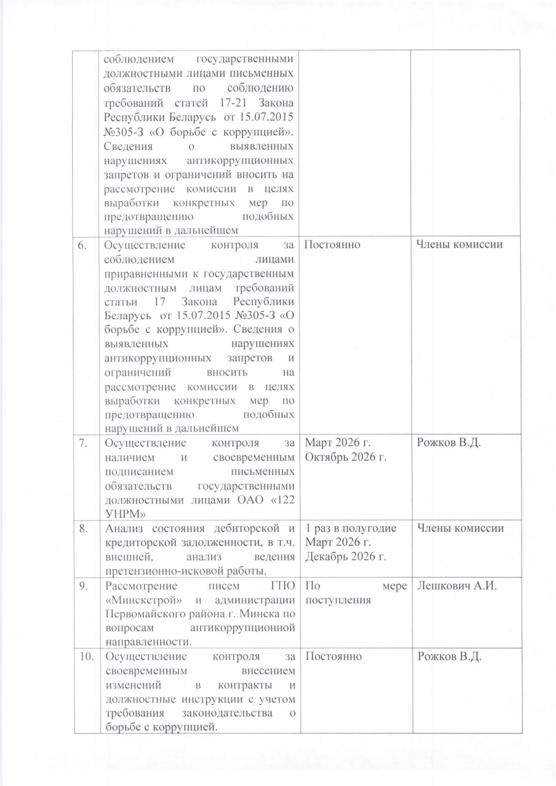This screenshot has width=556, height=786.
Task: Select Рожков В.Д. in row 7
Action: pyautogui.click(x=448, y=443)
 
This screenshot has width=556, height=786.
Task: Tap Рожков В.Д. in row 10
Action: pyautogui.click(x=449, y=657)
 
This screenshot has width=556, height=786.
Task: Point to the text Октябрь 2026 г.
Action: pyautogui.click(x=345, y=457)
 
